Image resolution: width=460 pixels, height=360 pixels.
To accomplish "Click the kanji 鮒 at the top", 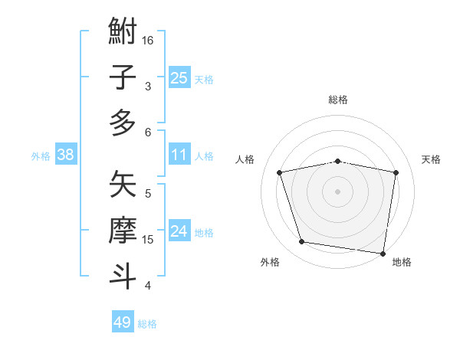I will pyautogui.click(x=123, y=33).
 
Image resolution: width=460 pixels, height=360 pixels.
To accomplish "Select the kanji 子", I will pyautogui.click(x=123, y=77).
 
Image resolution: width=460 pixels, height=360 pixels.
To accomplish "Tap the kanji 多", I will pyautogui.click(x=123, y=122).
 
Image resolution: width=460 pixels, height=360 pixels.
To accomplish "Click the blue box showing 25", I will pyautogui.click(x=179, y=77).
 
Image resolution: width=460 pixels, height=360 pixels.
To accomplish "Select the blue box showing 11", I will pyautogui.click(x=179, y=155).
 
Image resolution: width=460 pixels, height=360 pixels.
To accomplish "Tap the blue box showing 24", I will pyautogui.click(x=179, y=231).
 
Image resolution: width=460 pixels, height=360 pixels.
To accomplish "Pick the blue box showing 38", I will pyautogui.click(x=65, y=155).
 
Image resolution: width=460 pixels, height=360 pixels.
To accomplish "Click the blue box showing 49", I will pyautogui.click(x=123, y=322).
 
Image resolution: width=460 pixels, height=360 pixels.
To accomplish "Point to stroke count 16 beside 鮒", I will pyautogui.click(x=149, y=40).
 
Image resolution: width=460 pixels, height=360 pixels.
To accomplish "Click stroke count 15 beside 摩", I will pyautogui.click(x=149, y=240).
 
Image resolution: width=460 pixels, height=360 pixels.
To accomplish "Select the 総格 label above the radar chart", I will pyautogui.click(x=338, y=100).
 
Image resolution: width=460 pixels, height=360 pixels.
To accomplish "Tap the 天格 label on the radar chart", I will pyautogui.click(x=432, y=159).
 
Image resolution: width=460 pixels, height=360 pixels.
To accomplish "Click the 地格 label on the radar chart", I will pyautogui.click(x=402, y=262).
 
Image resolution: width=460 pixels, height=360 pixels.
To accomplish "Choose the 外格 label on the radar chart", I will pyautogui.click(x=270, y=262).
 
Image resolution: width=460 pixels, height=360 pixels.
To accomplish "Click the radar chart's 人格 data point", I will pyautogui.click(x=280, y=172).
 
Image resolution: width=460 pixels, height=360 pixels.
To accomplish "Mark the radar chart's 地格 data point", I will pyautogui.click(x=383, y=253).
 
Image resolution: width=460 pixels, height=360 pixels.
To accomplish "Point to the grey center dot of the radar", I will pyautogui.click(x=338, y=191).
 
